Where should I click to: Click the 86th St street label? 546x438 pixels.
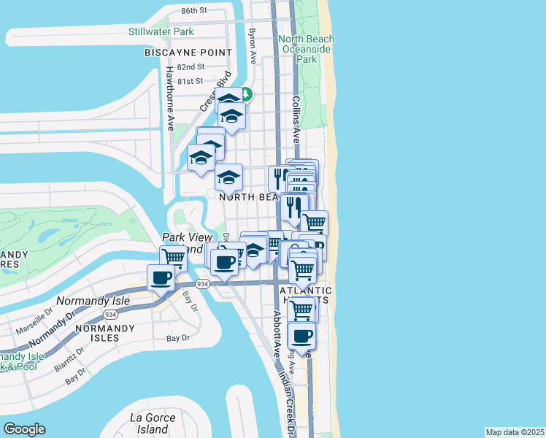[x=194, y=11]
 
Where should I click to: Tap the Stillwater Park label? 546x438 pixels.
[x=161, y=31]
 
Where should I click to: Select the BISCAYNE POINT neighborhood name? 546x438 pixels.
[x=189, y=53]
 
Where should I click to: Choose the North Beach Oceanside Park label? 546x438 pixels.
[x=306, y=49]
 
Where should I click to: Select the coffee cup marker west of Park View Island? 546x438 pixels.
[x=161, y=277]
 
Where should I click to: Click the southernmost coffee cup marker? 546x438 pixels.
[x=301, y=337]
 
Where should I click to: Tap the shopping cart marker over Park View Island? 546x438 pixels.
[x=173, y=258]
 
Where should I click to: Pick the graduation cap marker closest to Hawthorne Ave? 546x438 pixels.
[x=201, y=158]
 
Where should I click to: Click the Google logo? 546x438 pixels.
[x=24, y=429]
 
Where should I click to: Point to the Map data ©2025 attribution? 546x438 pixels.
[x=515, y=432]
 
